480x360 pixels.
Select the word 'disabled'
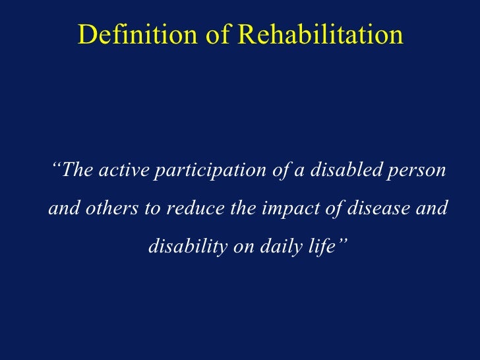tap(339, 171)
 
